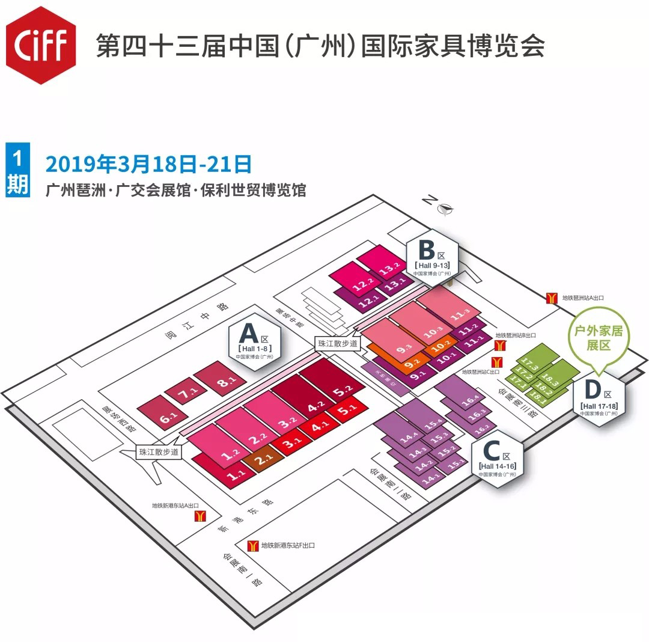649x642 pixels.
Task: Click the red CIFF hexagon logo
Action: pos(41,45)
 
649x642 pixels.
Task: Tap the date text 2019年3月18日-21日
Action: pos(148,164)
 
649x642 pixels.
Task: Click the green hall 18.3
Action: pos(548,379)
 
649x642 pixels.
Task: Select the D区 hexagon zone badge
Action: pos(599,399)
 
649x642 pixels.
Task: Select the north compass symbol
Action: pos(445,209)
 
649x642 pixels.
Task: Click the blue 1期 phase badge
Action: pos(17,170)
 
